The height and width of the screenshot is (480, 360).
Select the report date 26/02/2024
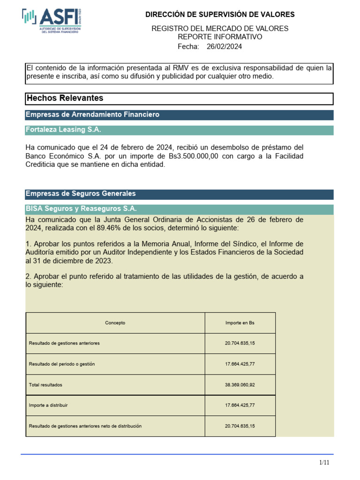pos(224,46)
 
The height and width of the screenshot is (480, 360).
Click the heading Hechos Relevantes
pos(65,98)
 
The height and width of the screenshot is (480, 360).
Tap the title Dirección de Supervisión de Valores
pos(220,15)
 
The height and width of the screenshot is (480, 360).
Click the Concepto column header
pos(115,323)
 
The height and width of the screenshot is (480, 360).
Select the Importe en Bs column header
pos(240,323)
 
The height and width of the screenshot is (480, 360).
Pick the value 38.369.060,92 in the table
pos(240,385)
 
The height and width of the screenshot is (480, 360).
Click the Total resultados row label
pos(45,385)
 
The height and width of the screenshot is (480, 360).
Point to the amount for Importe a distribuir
pos(240,405)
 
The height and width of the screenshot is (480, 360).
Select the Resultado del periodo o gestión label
pos(61,364)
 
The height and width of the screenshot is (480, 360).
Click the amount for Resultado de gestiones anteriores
pos(240,344)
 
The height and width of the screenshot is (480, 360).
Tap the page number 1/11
pos(324,463)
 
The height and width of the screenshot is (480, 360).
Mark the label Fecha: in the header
pos(188,46)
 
